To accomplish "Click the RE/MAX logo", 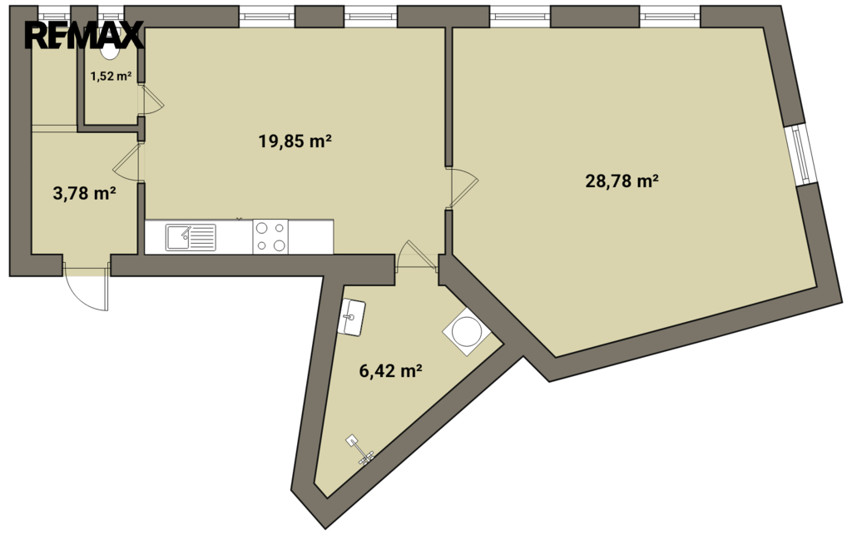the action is pos(84,36).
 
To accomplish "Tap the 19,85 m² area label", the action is pos(295,141).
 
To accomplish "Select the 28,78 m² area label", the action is pos(622,181).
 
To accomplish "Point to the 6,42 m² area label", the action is pos(391,371).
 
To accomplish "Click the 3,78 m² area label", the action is pos(85,193).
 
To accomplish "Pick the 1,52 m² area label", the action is pos(111,76).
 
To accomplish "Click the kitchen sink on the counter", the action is pos(191,237).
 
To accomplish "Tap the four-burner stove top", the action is pos(270,236).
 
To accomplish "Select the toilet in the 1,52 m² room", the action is pos(111,50).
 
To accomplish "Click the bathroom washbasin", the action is pos(351,317).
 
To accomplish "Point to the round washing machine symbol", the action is pos(467,332).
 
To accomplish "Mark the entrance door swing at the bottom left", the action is pos(86,287).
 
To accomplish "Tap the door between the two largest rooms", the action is pos(461,187).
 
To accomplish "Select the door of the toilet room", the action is pos(151,100).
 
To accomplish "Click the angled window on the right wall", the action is pos(801,155).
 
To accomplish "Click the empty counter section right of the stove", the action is pos(311,236).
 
